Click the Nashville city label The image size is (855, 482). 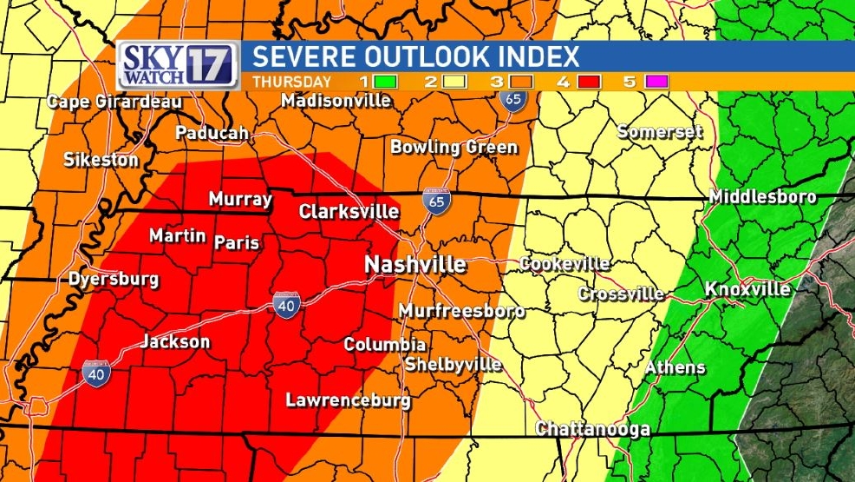click(414, 264)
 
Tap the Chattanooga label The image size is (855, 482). click(592, 429)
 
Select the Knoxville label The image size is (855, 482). click(747, 288)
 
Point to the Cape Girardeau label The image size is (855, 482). click(114, 102)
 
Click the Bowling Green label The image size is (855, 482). click(454, 147)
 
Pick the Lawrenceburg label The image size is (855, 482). click(349, 400)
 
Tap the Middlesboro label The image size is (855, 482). click(762, 197)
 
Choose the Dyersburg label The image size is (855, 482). click(114, 280)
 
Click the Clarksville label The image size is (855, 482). click(349, 211)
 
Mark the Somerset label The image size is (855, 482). click(659, 132)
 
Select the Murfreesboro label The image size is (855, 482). click(461, 311)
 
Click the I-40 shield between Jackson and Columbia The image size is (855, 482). click(286, 305)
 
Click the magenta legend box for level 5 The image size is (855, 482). click(656, 82)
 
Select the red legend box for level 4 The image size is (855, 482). click(565, 82)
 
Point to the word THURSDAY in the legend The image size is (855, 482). click(291, 82)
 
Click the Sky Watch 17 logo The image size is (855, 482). click(178, 64)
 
